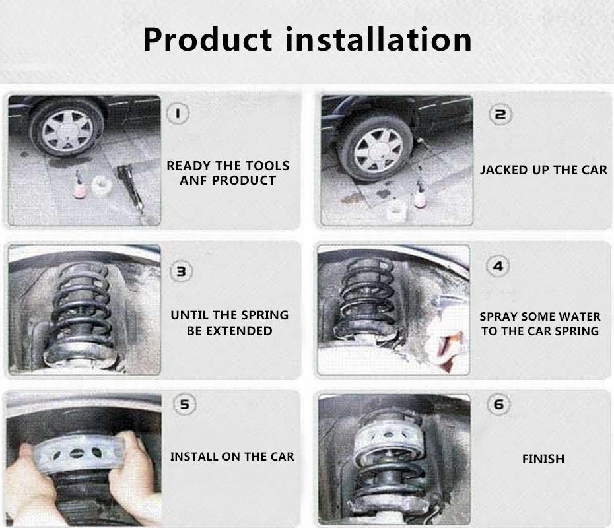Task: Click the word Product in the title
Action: click(207, 40)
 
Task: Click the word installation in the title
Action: click(378, 39)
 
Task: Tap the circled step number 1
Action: click(178, 114)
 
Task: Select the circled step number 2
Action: click(500, 115)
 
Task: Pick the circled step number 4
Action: click(498, 267)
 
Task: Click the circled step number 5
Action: click(184, 404)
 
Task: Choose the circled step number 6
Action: click(498, 404)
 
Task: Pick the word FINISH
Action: click(543, 459)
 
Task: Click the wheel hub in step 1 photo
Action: click(67, 130)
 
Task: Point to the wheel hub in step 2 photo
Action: click(378, 150)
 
